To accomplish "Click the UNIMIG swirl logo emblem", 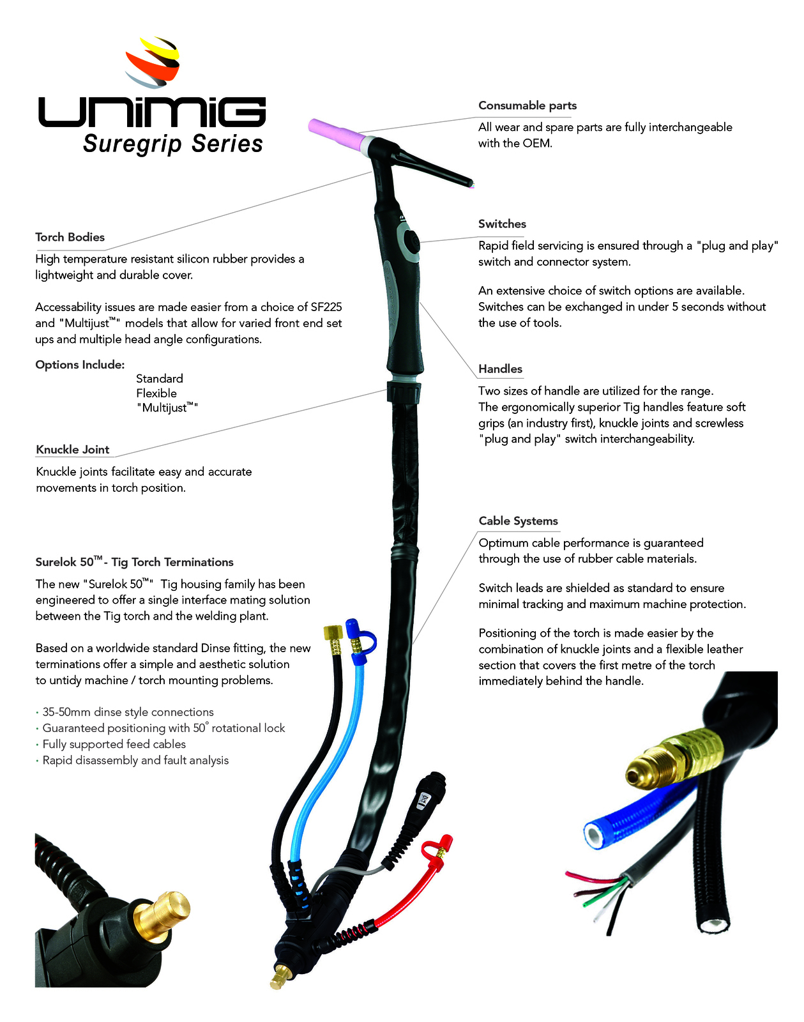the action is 153,62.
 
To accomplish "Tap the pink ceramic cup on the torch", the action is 337,133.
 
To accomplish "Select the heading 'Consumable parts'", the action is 527,105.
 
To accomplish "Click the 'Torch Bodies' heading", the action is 70,237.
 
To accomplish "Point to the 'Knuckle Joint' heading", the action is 73,449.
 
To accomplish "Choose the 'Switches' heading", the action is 502,224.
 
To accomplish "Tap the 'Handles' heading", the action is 500,369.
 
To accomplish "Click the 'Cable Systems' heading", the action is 518,521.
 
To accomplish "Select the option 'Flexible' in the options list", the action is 156,393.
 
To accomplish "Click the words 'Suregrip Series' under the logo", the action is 173,144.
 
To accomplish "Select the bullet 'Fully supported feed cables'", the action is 114,744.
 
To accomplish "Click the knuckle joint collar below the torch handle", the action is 404,392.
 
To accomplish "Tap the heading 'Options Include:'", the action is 80,365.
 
